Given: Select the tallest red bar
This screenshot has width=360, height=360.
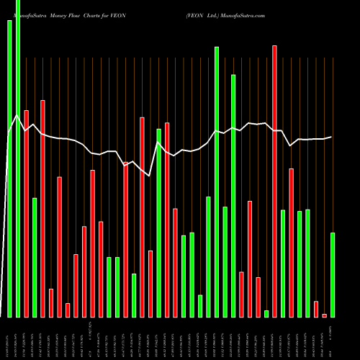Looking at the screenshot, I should click(274, 180).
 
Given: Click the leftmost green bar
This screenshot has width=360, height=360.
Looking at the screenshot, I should click(9, 168).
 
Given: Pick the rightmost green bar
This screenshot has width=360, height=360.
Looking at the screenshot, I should click(333, 274).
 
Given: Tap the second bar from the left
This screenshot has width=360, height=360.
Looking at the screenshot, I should click(18, 158).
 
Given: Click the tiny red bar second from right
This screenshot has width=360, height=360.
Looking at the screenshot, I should click(325, 315).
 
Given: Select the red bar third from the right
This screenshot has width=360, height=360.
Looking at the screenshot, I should click(316, 309).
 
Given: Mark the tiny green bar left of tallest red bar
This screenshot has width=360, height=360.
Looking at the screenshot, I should click(266, 313).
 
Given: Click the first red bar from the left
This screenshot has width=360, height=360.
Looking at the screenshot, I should click(26, 213).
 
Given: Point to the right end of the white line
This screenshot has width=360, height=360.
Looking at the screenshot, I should click(332, 137).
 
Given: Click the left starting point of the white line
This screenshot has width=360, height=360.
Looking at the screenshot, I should click(9, 134).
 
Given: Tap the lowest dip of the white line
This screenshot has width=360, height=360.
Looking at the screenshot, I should click(149, 175).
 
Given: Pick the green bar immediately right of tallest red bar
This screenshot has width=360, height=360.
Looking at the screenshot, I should click(283, 263).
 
